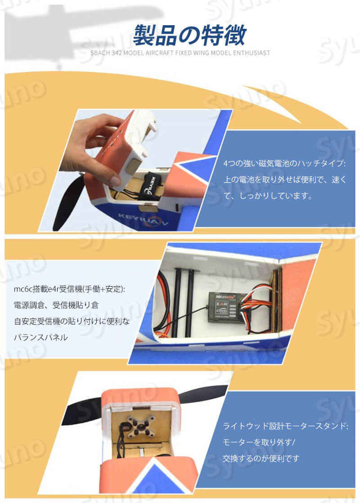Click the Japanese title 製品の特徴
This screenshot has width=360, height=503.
click(189, 35)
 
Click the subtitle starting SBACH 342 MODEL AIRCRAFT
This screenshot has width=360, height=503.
click(180, 53)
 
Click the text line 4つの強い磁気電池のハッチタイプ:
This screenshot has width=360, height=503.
click(284, 163)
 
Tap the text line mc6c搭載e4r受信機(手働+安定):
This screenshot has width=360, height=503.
click(69, 289)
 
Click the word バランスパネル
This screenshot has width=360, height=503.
click(41, 337)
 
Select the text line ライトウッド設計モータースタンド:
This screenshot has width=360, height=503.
click(285, 426)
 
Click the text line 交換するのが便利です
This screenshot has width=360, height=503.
click(261, 458)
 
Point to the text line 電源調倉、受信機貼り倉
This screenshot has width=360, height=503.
click(56, 305)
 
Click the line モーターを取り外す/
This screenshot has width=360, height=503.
click(259, 442)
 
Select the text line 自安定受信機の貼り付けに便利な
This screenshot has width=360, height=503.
click(72, 321)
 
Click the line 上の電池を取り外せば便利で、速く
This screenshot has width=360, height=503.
click(285, 180)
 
